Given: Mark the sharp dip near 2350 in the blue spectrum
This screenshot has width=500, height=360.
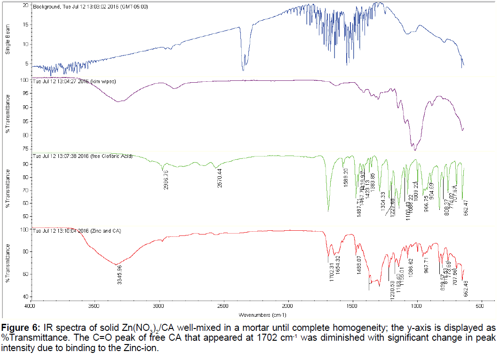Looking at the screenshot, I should [243, 70].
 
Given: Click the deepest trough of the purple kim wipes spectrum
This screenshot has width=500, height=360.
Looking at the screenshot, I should [414, 149].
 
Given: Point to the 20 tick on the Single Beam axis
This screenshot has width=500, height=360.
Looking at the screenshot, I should [26, 5].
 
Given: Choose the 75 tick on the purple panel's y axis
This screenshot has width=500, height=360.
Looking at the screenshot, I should [25, 148].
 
